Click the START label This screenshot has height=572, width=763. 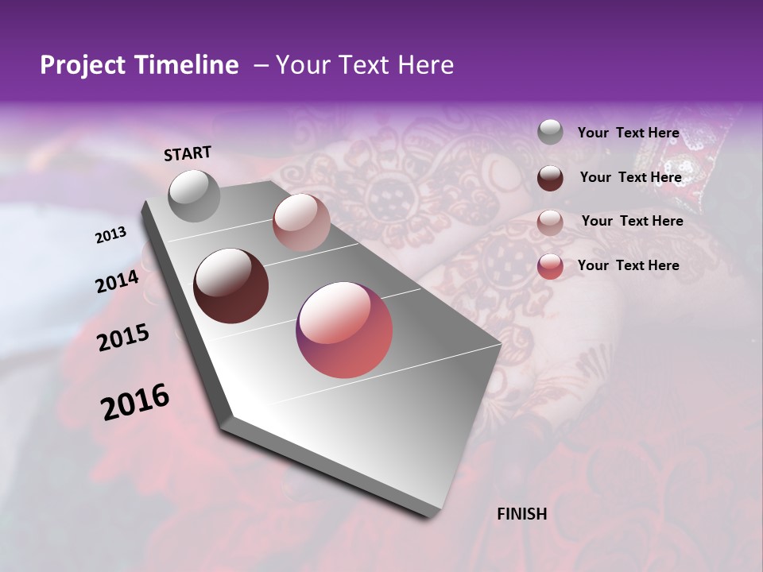click(x=188, y=153)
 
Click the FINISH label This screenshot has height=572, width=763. click(x=522, y=514)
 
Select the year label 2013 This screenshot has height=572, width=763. click(x=110, y=235)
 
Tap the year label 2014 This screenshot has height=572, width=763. click(x=117, y=282)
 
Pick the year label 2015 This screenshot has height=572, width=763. click(x=122, y=338)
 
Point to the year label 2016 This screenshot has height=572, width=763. click(x=134, y=402)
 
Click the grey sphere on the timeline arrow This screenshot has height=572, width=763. click(x=194, y=195)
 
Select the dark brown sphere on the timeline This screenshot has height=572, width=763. click(x=231, y=286)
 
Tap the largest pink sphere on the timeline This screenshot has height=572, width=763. click(x=344, y=330)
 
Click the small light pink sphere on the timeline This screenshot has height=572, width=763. click(x=301, y=222)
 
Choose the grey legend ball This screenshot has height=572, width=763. click(x=550, y=133)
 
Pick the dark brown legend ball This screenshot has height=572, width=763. click(x=550, y=178)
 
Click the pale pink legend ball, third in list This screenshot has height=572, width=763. click(x=550, y=222)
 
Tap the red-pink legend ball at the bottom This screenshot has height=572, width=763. click(x=550, y=266)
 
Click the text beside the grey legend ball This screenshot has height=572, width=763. click(x=628, y=133)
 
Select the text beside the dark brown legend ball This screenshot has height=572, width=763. click(x=630, y=177)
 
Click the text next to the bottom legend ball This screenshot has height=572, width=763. click(x=628, y=265)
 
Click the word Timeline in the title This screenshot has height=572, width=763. click(x=188, y=65)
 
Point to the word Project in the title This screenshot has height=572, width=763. click(x=83, y=65)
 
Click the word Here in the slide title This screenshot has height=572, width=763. click(x=425, y=65)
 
